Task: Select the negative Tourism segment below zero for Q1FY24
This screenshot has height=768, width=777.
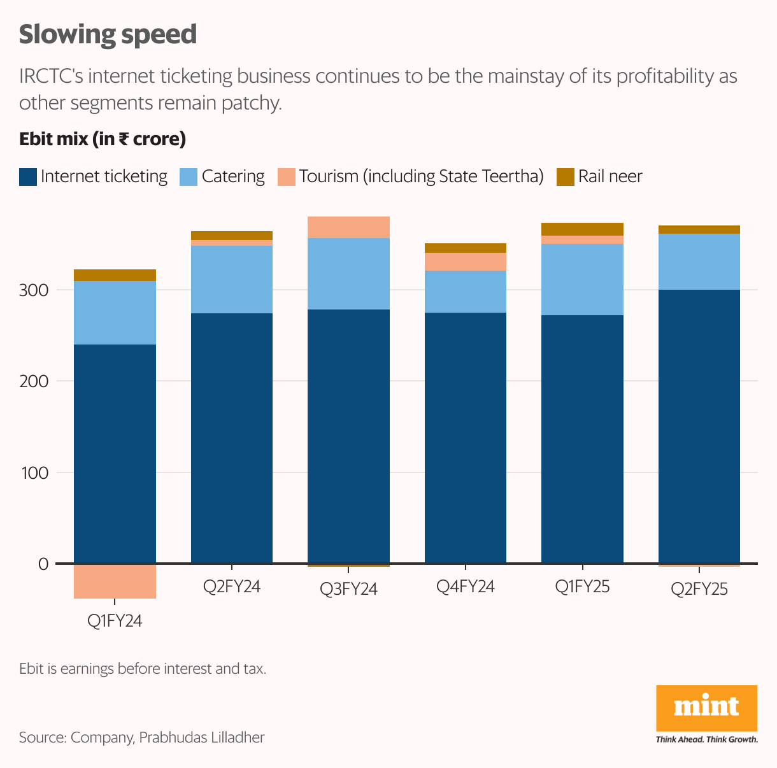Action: pos(115,581)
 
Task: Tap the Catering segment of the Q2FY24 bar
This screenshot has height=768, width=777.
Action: pos(232,279)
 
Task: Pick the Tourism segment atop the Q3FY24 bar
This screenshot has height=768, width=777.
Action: pos(348,227)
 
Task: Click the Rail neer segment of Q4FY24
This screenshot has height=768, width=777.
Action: pos(466,248)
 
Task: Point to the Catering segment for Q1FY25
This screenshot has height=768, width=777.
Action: pos(582,279)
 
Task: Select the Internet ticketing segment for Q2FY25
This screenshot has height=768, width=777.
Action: pos(699,427)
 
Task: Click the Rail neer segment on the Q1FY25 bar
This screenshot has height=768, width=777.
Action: pos(582,229)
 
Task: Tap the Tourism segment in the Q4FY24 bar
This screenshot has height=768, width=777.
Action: pos(466,262)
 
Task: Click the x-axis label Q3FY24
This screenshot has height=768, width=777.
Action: pos(348,589)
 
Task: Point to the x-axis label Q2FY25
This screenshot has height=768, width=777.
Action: pos(699,589)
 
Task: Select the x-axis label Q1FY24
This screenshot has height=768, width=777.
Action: pos(115,621)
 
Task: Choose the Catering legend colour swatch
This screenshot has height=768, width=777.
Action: pos(189,177)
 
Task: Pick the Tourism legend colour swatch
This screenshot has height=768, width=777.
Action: pos(287,177)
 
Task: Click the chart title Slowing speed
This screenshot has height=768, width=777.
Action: pos(108,34)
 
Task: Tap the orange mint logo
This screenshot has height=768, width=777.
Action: pos(706,708)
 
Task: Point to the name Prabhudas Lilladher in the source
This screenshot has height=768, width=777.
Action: pos(201,737)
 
